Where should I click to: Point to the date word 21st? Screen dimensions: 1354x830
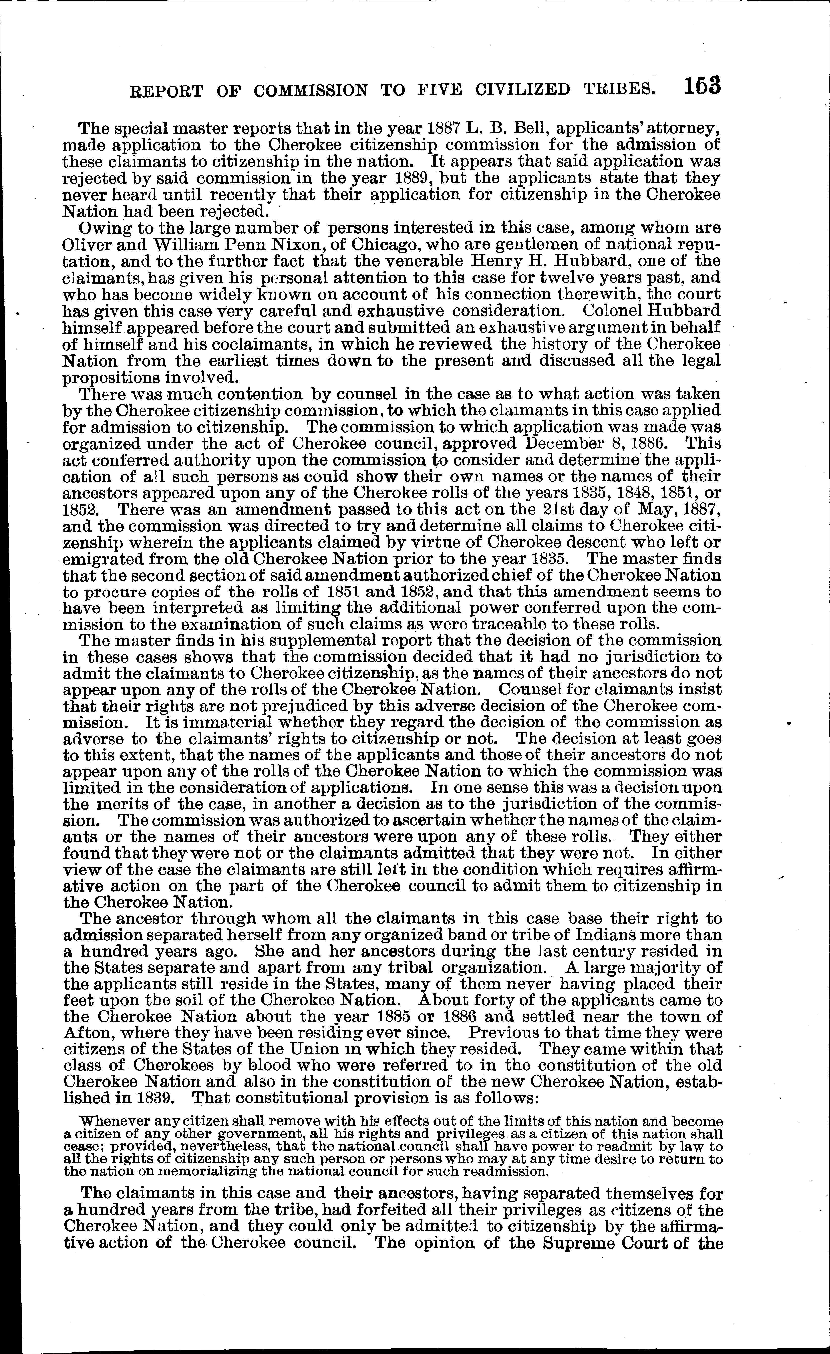(554, 509)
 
